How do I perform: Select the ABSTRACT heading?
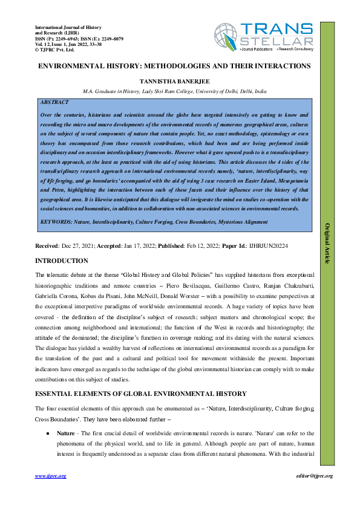click(x=54, y=103)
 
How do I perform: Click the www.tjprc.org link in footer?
click(x=51, y=476)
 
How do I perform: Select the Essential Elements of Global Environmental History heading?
click(x=140, y=394)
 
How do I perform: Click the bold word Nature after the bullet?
click(x=66, y=434)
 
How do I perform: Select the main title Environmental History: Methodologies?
click(x=174, y=65)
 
